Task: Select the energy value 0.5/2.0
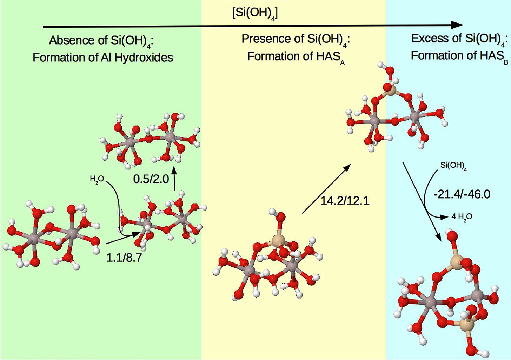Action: point(151,179)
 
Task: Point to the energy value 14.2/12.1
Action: point(345,201)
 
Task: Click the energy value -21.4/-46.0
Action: point(462,194)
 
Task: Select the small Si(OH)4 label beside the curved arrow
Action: point(453,166)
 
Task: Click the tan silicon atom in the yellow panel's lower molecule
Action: point(278,241)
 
